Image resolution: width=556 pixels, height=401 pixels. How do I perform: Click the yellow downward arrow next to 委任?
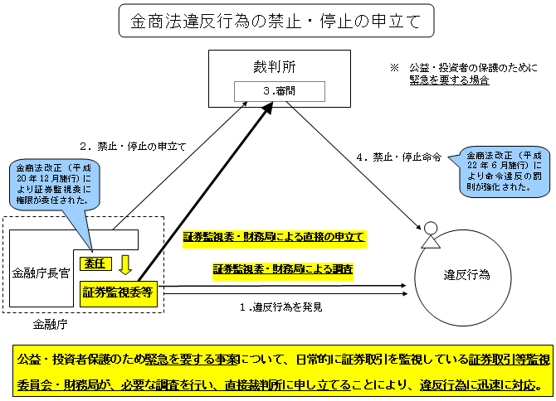(x=125, y=264)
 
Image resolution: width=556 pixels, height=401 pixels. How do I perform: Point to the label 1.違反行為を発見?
(x=280, y=307)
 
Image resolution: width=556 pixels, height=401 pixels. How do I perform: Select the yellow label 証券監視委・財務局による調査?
(x=283, y=269)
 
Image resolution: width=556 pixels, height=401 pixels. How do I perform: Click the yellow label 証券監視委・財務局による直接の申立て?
(x=274, y=237)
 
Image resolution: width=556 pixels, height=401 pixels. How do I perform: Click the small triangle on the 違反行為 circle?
(x=429, y=241)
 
